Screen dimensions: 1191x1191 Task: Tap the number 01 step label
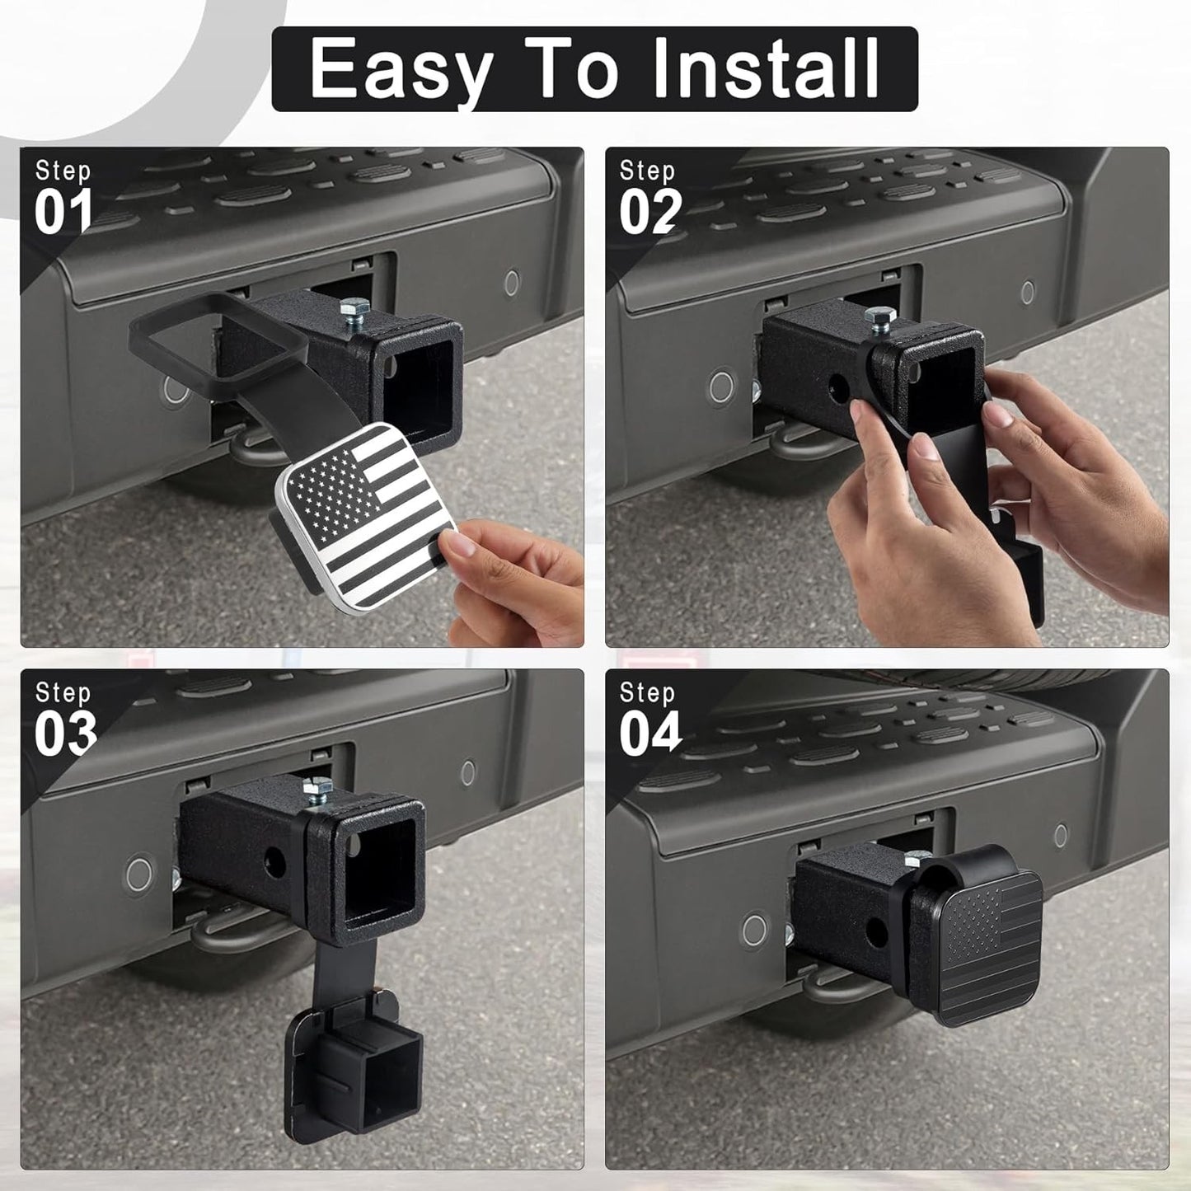tap(63, 212)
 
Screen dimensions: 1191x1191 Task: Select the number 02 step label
tap(650, 212)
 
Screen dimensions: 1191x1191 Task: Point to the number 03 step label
tap(65, 734)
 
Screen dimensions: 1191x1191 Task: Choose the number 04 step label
tap(650, 734)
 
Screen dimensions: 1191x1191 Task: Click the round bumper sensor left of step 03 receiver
tap(139, 874)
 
